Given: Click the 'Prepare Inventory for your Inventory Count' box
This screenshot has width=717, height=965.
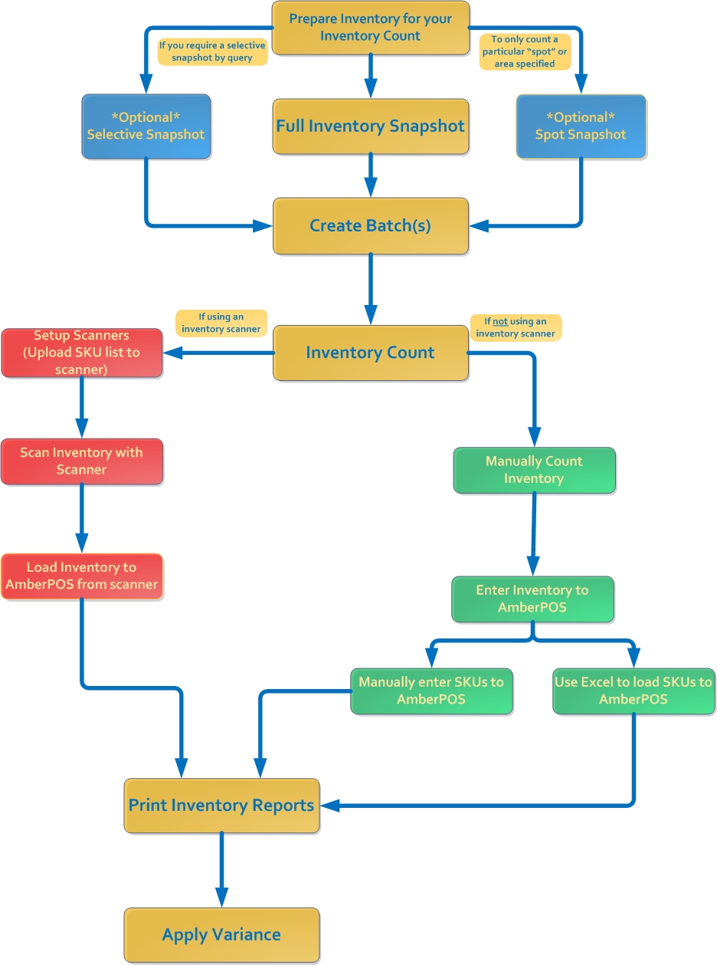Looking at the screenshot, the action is tap(371, 28).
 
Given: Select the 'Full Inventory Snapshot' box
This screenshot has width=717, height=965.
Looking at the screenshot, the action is tap(371, 126).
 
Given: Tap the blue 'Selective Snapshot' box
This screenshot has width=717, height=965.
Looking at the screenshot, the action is tap(146, 126).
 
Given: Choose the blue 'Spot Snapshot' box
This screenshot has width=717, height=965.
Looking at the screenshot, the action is tap(581, 126).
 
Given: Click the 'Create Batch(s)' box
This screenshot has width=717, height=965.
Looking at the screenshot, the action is tap(371, 226).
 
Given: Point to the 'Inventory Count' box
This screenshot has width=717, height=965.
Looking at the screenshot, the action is tap(371, 353).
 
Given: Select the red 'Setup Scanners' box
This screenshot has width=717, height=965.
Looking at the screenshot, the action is tap(82, 353).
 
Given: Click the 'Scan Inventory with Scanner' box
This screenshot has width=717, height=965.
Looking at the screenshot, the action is tap(82, 461).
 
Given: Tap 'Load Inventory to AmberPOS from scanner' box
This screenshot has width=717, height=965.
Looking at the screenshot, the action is tap(82, 576).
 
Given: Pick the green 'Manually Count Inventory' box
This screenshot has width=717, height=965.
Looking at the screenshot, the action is tap(535, 470).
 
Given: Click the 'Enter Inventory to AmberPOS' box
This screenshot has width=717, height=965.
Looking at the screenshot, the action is tap(532, 599).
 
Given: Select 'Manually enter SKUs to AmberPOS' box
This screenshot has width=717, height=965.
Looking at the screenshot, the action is tap(431, 691).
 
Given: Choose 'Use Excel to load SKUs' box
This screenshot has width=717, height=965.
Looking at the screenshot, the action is tap(634, 691).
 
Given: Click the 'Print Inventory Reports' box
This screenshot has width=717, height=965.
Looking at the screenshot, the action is tap(221, 806).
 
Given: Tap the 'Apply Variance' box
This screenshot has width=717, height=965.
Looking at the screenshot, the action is tap(221, 935).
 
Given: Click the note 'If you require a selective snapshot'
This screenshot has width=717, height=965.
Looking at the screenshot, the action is tap(212, 51).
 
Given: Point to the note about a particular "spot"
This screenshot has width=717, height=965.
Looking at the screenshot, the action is tap(525, 51).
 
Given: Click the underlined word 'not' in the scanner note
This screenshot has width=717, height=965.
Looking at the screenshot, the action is tap(500, 321).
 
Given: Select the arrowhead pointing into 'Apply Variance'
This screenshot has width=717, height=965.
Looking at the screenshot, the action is tap(221, 898).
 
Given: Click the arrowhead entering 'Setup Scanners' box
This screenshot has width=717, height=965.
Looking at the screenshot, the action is tap(173, 353).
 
